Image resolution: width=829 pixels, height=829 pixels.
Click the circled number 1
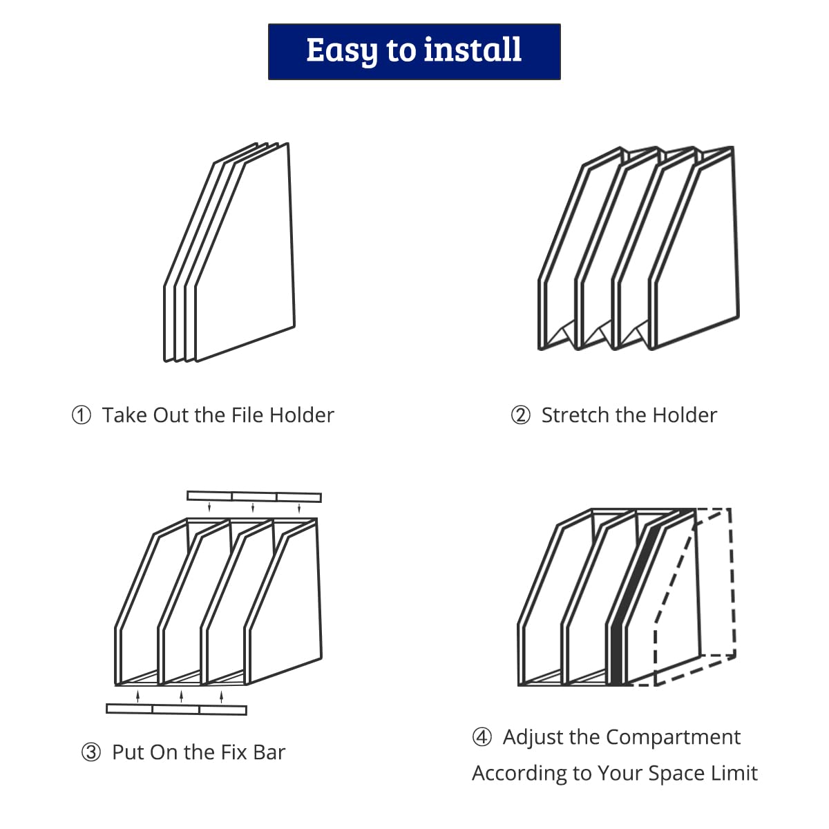coord(82,416)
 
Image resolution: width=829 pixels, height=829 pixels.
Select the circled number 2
coord(521,416)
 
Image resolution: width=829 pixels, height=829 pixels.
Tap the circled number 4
coord(482,737)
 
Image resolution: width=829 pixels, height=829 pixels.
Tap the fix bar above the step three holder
coord(254,497)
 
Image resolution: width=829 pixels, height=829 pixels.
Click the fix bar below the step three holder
coord(176,709)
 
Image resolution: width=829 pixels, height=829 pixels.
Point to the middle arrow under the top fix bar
coord(253,507)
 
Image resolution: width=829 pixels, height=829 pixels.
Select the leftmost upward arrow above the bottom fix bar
coord(137,696)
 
